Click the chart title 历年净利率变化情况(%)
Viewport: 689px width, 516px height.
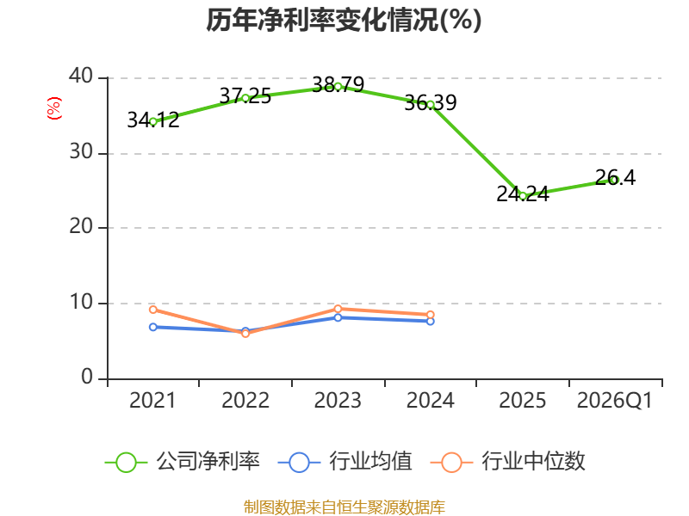[344, 20]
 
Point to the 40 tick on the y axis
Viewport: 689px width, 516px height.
[83, 77]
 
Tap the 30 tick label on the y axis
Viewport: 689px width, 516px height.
[83, 152]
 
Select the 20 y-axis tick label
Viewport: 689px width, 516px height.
[83, 227]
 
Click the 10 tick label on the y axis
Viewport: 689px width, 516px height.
[83, 303]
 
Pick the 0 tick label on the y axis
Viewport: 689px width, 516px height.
[89, 378]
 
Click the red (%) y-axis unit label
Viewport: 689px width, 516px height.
[53, 108]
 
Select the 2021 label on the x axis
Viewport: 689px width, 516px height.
[152, 401]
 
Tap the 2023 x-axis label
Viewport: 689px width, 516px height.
[338, 401]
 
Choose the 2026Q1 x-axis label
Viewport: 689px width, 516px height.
[614, 401]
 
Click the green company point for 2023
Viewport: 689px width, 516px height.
[338, 86]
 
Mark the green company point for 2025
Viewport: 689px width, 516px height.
[522, 196]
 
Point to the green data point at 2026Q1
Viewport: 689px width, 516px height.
[614, 180]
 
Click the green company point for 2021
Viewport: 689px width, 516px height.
[153, 121]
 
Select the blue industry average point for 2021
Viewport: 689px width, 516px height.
[153, 327]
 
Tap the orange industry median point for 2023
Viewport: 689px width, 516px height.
[338, 309]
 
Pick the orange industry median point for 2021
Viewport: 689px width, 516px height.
[153, 310]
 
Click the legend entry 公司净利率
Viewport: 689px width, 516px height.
[183, 462]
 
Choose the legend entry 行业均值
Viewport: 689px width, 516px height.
[346, 462]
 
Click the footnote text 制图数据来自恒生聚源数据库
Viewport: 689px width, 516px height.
[344, 507]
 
